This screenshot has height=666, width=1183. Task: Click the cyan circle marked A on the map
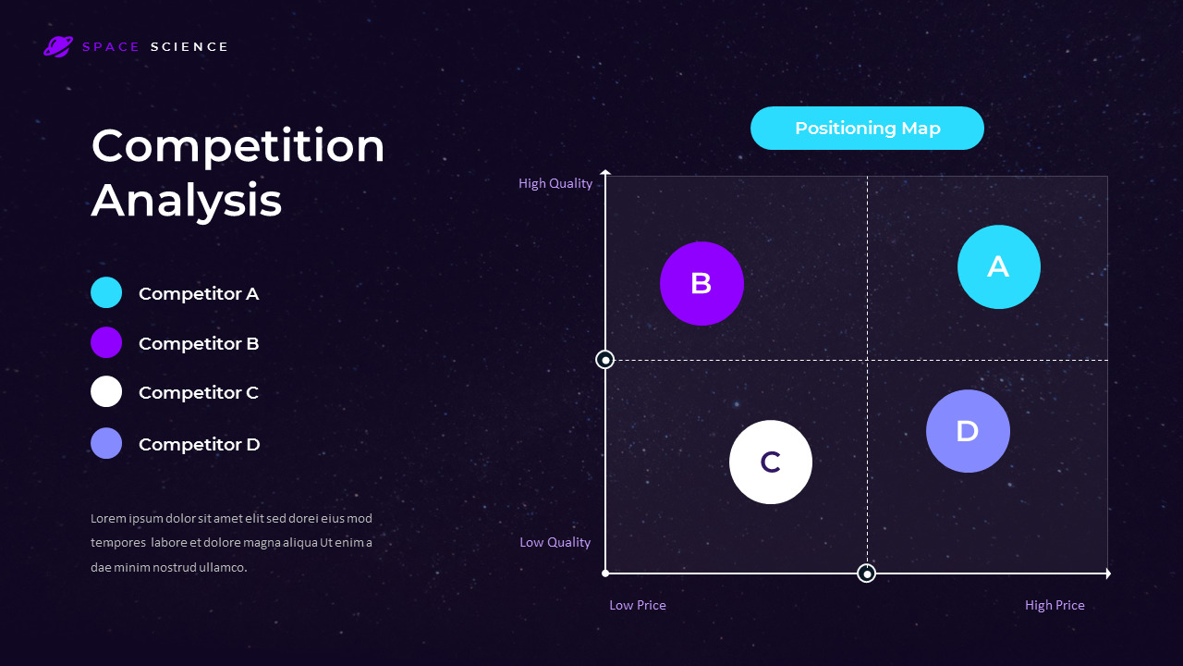coord(998,266)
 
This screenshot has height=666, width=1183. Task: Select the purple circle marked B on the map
coord(701,283)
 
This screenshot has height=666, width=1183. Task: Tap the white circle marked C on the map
coord(771,462)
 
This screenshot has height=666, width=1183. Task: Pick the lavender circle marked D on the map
coord(968,431)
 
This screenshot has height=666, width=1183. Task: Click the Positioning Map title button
coord(867,129)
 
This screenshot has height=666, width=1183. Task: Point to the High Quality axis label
coord(555,183)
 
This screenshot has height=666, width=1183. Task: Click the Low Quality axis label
coord(555,542)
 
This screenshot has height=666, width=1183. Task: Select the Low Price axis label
coord(638,605)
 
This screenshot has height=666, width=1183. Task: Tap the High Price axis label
coord(1055,605)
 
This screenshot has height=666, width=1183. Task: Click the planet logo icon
coord(58,46)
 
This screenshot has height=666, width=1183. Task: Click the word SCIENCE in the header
coord(189,47)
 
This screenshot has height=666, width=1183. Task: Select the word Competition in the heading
coord(238,146)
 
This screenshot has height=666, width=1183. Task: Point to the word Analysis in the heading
coord(187,200)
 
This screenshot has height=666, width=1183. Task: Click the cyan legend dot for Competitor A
coord(106,292)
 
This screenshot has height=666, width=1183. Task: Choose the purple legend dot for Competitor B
coord(106,342)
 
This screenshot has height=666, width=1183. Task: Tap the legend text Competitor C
coord(198,392)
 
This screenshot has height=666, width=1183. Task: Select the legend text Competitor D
coord(199,444)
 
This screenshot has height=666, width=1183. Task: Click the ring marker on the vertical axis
coord(605,360)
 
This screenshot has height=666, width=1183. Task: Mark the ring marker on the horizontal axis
coord(867,573)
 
